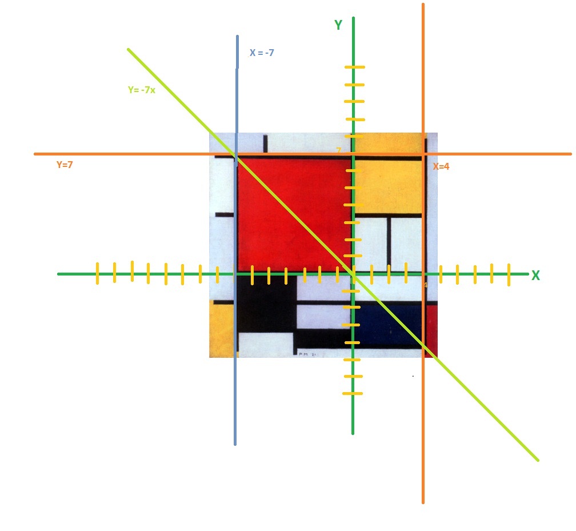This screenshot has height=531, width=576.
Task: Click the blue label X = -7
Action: point(262,53)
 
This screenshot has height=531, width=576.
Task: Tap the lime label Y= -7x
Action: point(141,90)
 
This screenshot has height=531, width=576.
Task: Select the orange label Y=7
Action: point(65,165)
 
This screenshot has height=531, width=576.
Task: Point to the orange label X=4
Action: point(441,167)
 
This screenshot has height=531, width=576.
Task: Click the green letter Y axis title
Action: point(338,25)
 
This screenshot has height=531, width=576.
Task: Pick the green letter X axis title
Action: point(535,276)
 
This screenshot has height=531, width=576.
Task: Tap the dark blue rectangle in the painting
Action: point(389,323)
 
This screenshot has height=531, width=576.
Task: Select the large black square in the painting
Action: point(266,303)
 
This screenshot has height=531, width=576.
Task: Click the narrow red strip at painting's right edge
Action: point(431,329)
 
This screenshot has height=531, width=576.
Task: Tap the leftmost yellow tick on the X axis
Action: point(98,273)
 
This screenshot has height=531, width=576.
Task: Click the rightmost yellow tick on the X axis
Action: point(509,274)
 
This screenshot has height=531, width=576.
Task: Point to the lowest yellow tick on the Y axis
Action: point(353,394)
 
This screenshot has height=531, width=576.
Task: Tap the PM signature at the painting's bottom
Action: point(307,354)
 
